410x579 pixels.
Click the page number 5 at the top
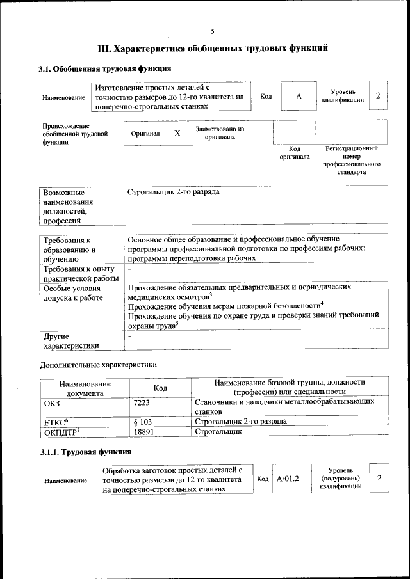click(x=213, y=31)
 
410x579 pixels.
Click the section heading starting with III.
click(x=213, y=48)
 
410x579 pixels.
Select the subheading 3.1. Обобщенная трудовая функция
click(x=104, y=69)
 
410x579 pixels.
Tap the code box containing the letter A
click(x=299, y=97)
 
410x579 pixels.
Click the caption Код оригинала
click(x=295, y=152)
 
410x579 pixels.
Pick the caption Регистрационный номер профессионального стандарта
click(x=352, y=160)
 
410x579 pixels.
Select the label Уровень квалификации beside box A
click(x=343, y=96)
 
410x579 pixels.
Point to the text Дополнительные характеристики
click(x=98, y=365)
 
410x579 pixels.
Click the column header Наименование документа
click(x=85, y=388)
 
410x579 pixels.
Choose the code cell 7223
click(x=142, y=402)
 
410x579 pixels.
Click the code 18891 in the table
click(x=144, y=432)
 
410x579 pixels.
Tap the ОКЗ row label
click(x=51, y=402)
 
